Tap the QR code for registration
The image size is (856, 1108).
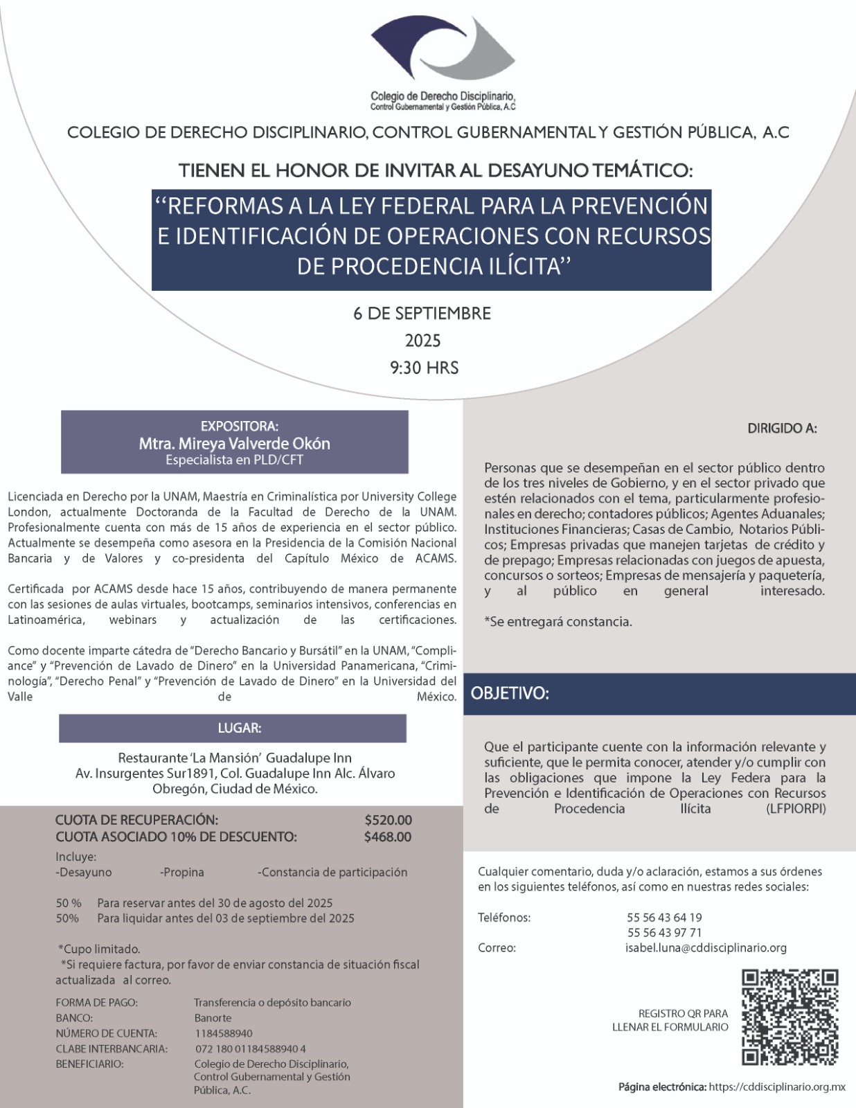[790, 1017]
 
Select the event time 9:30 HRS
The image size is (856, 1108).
[424, 368]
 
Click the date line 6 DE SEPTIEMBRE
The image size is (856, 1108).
[422, 314]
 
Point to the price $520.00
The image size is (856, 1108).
[388, 821]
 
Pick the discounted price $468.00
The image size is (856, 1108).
[388, 837]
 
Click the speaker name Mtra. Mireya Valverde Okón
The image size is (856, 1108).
[234, 443]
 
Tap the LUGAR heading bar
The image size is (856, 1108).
[233, 729]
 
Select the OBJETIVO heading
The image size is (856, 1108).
[510, 694]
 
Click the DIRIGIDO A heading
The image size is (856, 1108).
[782, 429]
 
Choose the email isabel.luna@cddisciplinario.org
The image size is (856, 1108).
[706, 948]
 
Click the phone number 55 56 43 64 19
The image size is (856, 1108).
[664, 918]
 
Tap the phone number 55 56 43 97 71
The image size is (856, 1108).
[664, 933]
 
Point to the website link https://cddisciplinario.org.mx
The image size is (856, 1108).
[777, 1087]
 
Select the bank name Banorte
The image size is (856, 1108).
[213, 1018]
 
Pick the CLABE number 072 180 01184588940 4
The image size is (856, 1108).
[250, 1049]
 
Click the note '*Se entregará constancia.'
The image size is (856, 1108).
[558, 622]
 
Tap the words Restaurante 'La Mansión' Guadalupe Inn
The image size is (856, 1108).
[235, 758]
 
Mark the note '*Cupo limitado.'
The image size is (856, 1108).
[99, 949]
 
